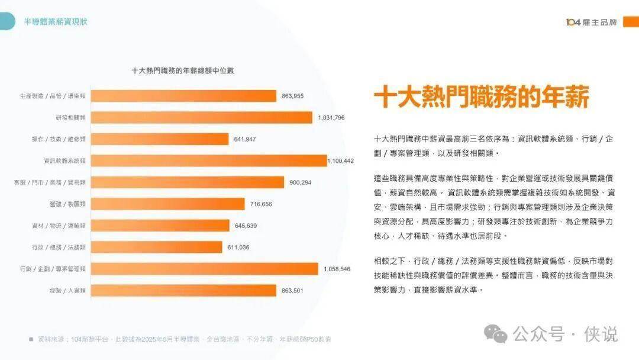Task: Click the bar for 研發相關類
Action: coord(201,117)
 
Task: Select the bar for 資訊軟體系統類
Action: coord(208,160)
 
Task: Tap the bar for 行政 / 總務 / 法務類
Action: coord(156,247)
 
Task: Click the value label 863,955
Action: coord(293,96)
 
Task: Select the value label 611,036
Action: coord(238,247)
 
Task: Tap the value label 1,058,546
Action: coord(337,269)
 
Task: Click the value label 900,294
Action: coord(301,182)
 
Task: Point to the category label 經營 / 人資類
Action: coord(68,290)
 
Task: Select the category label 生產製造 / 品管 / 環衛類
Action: coord(53,96)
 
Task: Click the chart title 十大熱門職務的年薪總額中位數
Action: coord(182,70)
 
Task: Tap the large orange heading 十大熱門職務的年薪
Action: coord(482,97)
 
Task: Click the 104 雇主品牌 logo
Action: coord(591,22)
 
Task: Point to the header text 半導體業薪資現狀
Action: coord(56,22)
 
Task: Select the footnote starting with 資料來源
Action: coord(183,339)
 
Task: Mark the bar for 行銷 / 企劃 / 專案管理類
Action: coord(204,269)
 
